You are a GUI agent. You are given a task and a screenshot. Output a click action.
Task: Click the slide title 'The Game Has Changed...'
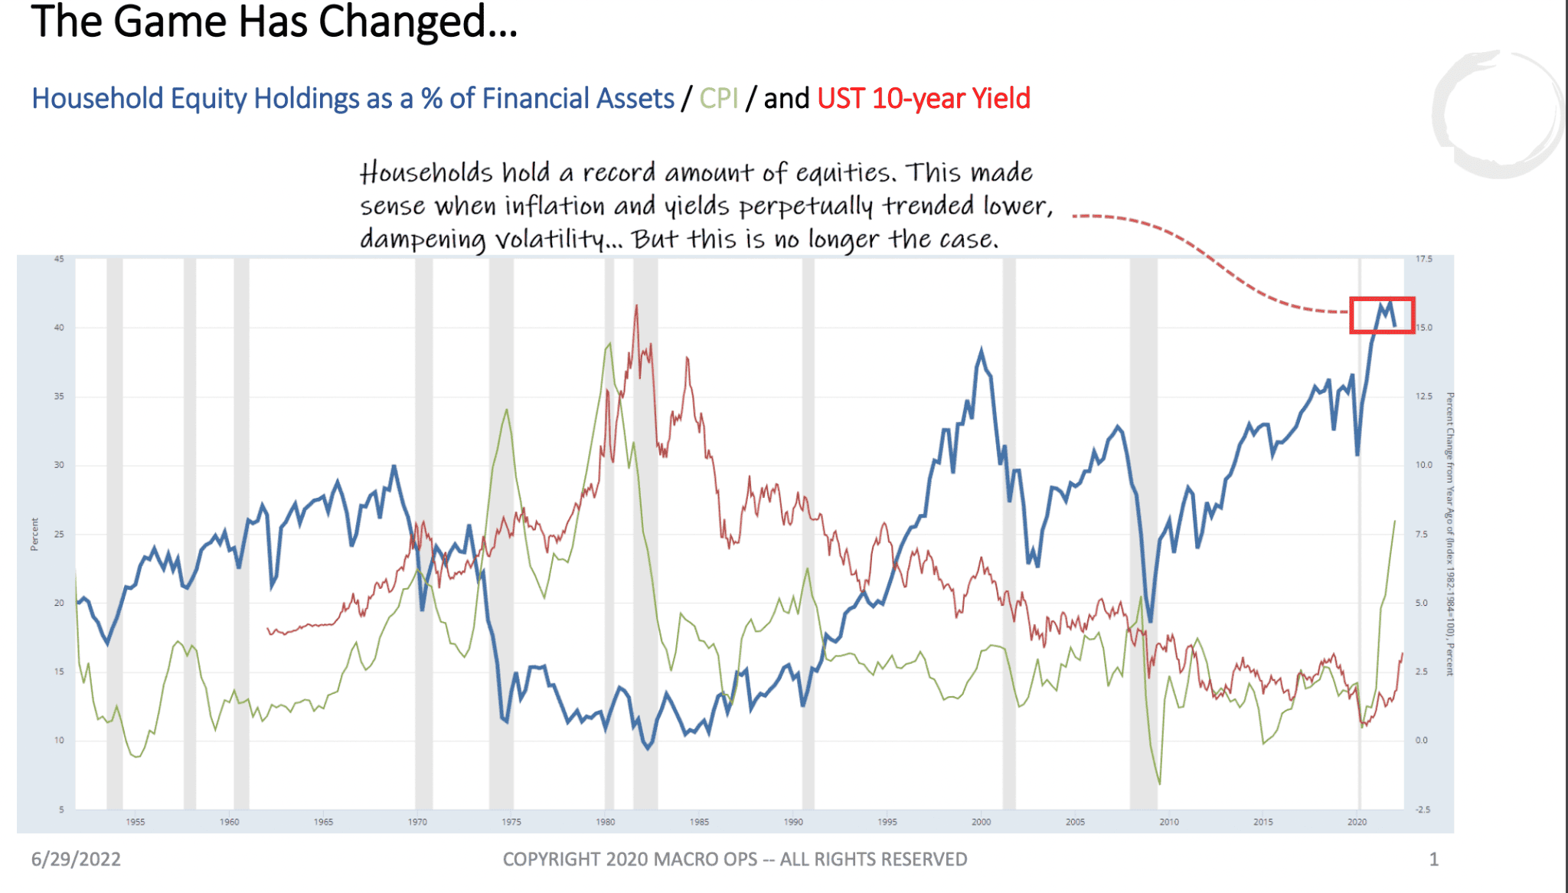pyautogui.click(x=274, y=21)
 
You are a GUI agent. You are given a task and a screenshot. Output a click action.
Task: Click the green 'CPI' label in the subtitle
pyautogui.click(x=718, y=99)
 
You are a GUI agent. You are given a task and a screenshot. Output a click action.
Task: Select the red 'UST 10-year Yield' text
pyautogui.click(x=923, y=99)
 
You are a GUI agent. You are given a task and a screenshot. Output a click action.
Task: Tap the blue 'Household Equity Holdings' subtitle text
pyautogui.click(x=352, y=99)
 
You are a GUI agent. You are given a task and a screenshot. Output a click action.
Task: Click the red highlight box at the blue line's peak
pyautogui.click(x=1381, y=315)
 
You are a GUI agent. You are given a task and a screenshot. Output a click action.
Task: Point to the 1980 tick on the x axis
pyautogui.click(x=605, y=822)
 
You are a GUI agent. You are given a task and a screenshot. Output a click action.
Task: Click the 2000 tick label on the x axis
pyautogui.click(x=981, y=822)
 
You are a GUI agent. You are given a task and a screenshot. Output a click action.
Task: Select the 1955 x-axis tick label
pyautogui.click(x=136, y=822)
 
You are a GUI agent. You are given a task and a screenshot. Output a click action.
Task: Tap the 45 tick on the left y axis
pyautogui.click(x=59, y=259)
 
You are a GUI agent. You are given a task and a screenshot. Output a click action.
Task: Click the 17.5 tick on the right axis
pyautogui.click(x=1423, y=259)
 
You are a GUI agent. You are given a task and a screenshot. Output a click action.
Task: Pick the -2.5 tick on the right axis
pyautogui.click(x=1423, y=810)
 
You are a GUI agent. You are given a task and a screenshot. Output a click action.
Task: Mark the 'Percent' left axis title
pyautogui.click(x=34, y=534)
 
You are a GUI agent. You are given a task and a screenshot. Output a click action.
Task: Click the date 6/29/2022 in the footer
pyautogui.click(x=76, y=859)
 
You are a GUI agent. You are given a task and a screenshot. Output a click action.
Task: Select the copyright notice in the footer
pyautogui.click(x=735, y=859)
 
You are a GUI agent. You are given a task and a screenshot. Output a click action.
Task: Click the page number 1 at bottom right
pyautogui.click(x=1434, y=859)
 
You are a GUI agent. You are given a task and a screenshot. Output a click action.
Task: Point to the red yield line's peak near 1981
pyautogui.click(x=636, y=306)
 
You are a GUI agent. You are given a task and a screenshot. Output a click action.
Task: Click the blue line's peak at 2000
pyautogui.click(x=982, y=349)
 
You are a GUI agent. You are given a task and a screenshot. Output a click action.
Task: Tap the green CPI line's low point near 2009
pyautogui.click(x=1160, y=783)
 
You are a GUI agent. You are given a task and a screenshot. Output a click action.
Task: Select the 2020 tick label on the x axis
pyautogui.click(x=1357, y=822)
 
